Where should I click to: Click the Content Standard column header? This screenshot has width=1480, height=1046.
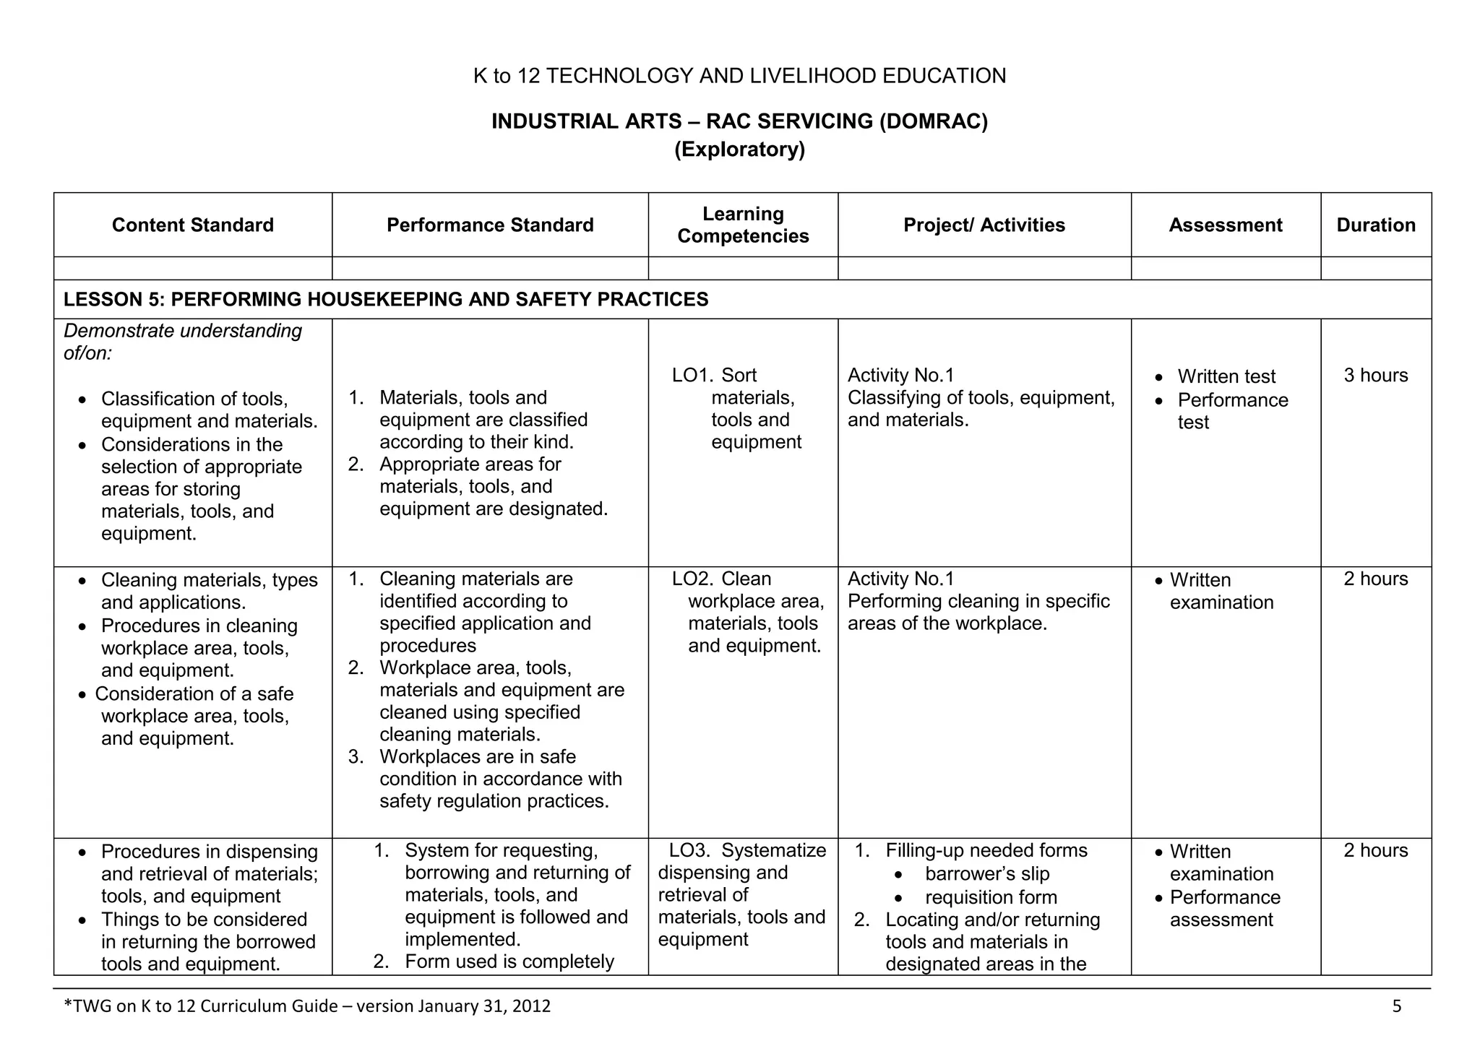point(193,225)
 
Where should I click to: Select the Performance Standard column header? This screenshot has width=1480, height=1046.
point(490,225)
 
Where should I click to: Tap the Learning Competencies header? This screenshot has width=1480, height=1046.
point(743,225)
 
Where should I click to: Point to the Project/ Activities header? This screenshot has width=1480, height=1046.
point(984,225)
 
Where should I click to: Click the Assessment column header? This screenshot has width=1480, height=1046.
point(1226,225)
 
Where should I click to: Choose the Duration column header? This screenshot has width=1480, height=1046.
point(1376,225)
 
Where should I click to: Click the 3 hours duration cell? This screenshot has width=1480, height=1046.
point(1376,376)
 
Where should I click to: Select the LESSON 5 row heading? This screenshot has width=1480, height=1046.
point(386,300)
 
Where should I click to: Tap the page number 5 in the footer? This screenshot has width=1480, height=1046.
point(1396,1006)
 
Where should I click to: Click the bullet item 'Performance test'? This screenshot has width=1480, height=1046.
point(1232,410)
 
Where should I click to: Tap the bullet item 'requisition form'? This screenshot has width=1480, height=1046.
point(991,898)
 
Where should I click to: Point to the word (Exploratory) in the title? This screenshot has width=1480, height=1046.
point(739,150)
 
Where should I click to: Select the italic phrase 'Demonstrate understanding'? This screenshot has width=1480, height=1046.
point(183,331)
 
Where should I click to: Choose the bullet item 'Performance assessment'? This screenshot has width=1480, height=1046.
point(1225,909)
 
